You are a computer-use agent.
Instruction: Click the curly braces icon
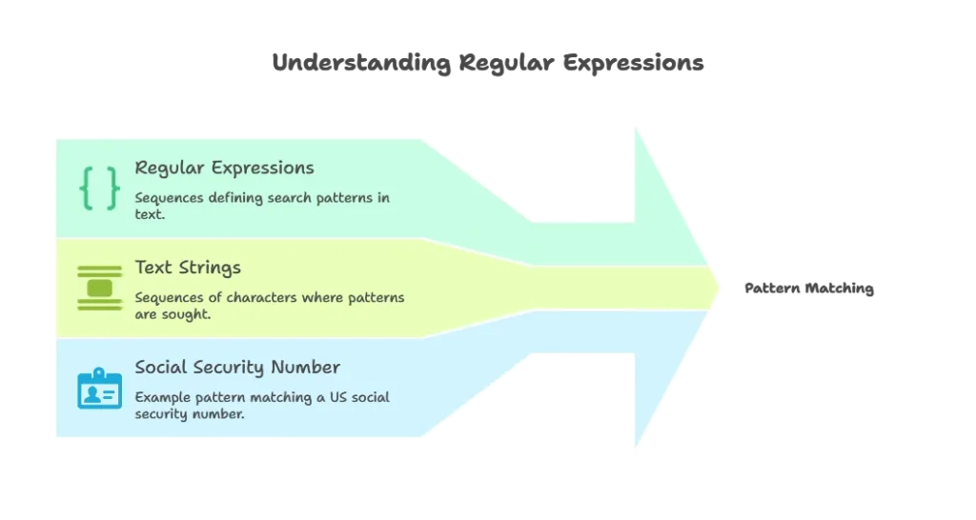click(x=99, y=188)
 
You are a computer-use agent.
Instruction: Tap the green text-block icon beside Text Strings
click(x=99, y=287)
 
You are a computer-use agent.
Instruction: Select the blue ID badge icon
click(x=99, y=388)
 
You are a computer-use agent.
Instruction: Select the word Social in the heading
click(x=160, y=367)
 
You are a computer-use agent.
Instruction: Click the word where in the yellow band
click(x=323, y=297)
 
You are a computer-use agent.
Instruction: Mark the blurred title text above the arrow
click(x=488, y=64)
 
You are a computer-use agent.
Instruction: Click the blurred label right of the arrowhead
click(x=807, y=288)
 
